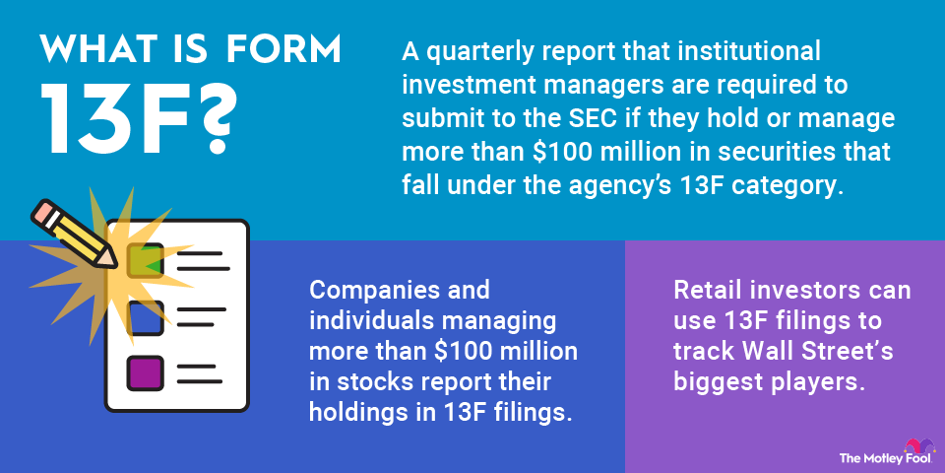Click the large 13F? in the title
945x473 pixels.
[x=137, y=119]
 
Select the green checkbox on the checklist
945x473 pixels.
[x=146, y=260]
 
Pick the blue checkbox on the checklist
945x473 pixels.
[x=146, y=317]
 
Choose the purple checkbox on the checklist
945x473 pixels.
[x=146, y=373]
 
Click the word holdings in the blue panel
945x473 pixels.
[x=353, y=414]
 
